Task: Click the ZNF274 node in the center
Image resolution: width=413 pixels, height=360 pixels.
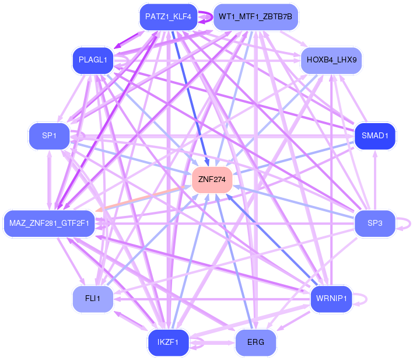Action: point(212,180)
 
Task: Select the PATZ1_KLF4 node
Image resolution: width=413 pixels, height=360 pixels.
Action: point(169,17)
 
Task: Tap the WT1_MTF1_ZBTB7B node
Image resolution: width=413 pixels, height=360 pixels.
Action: point(256,17)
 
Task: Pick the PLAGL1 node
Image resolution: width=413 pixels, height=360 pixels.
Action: point(93,60)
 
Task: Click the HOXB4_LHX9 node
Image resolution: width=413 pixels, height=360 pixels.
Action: point(331,60)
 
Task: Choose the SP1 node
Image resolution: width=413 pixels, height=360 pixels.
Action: point(49,136)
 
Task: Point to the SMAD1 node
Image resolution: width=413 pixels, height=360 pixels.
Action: point(375,136)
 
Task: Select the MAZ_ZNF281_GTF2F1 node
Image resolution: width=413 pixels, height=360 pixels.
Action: point(49,223)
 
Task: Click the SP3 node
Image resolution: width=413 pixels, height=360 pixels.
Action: point(375,223)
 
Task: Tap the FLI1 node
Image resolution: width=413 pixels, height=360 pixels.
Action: point(93,299)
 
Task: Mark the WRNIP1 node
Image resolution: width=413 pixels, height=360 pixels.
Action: point(331,299)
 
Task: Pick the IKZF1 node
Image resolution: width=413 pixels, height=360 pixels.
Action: point(169,342)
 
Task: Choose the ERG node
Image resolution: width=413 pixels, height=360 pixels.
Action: point(256,342)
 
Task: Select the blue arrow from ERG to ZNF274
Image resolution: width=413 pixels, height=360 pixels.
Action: point(234,261)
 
